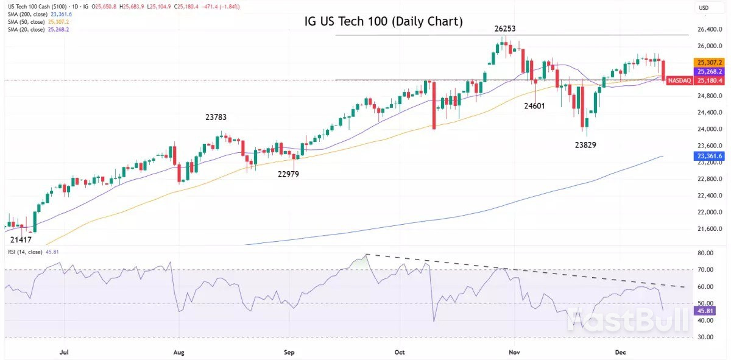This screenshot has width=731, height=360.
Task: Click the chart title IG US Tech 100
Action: [x=384, y=22]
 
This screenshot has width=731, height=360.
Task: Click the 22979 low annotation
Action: [x=288, y=174]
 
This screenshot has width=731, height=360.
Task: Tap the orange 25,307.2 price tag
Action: [x=709, y=62]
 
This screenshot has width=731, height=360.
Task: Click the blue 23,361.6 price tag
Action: [x=709, y=156]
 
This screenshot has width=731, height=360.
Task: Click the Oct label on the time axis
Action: [x=400, y=352]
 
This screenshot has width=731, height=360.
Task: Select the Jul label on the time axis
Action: [x=63, y=352]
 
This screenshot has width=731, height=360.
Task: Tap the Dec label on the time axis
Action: [x=621, y=352]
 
